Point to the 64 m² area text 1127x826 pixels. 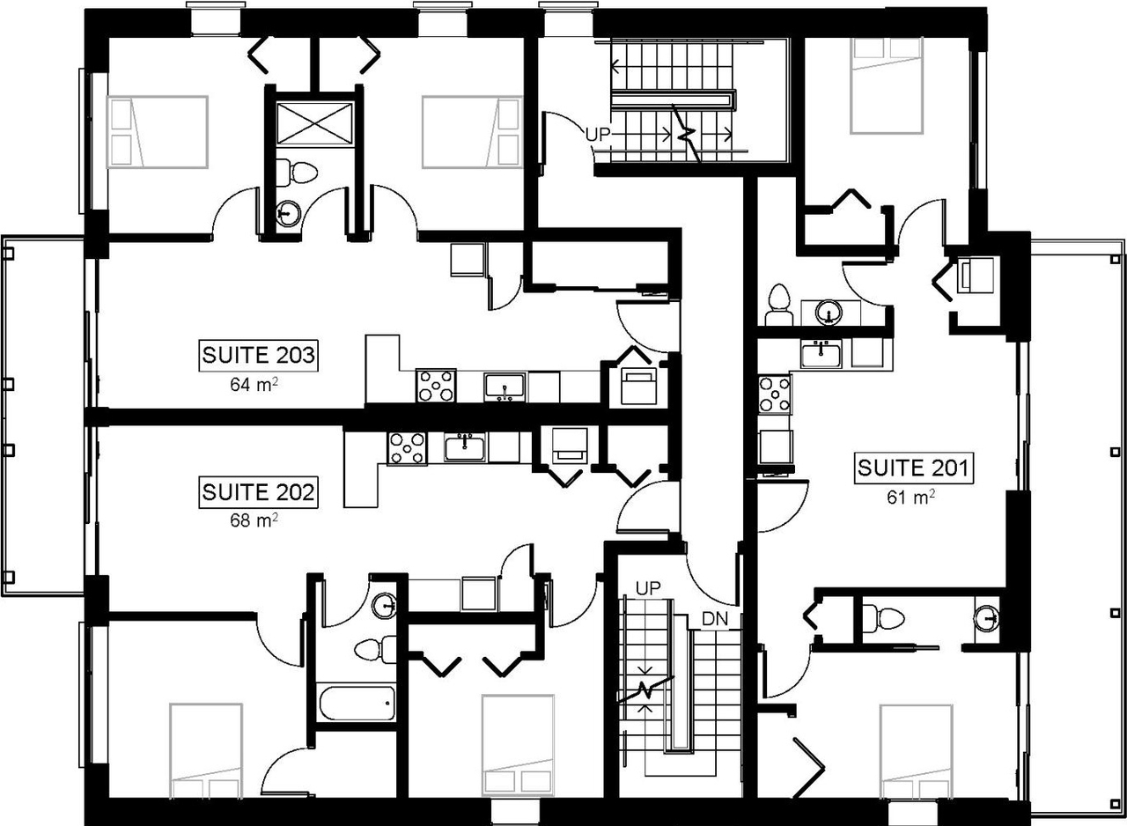click(x=259, y=384)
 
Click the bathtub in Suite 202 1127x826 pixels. click(x=357, y=704)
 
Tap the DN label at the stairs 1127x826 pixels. click(x=715, y=620)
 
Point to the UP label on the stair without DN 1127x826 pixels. click(x=598, y=135)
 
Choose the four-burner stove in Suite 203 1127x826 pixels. click(x=436, y=385)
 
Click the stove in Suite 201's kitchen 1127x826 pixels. click(x=776, y=393)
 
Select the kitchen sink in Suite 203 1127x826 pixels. click(x=505, y=387)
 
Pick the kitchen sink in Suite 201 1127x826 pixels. click(x=821, y=354)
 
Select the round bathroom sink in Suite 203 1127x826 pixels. click(x=287, y=212)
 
